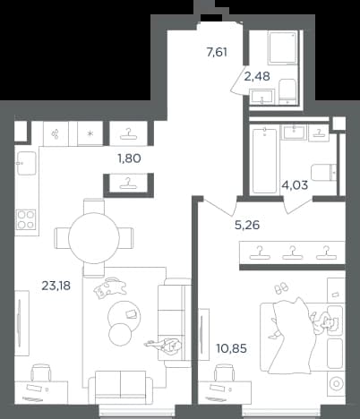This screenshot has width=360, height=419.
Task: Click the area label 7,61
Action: (217, 53)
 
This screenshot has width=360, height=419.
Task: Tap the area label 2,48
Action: (257, 76)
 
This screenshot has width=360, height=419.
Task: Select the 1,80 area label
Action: (130, 158)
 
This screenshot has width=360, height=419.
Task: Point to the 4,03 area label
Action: (295, 185)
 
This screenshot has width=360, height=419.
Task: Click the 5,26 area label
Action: (247, 225)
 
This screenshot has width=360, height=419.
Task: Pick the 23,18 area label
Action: (56, 286)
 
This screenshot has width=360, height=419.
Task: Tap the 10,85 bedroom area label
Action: (232, 348)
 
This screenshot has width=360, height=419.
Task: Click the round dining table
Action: (94, 237)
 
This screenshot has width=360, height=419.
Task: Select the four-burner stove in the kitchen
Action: (26, 219)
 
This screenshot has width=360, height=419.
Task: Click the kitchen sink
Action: (27, 163)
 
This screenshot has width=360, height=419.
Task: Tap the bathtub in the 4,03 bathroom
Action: (264, 160)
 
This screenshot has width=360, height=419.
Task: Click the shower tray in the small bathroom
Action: (282, 48)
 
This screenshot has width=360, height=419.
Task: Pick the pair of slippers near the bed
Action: (281, 288)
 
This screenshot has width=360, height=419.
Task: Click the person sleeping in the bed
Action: (324, 323)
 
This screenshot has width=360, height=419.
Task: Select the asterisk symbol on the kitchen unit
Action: (90, 133)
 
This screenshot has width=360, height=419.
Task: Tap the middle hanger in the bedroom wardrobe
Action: (293, 252)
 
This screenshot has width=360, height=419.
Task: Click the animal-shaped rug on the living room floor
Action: (109, 287)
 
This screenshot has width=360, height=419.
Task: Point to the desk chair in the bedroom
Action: (225, 373)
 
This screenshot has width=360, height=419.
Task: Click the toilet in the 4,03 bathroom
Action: (323, 173)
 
